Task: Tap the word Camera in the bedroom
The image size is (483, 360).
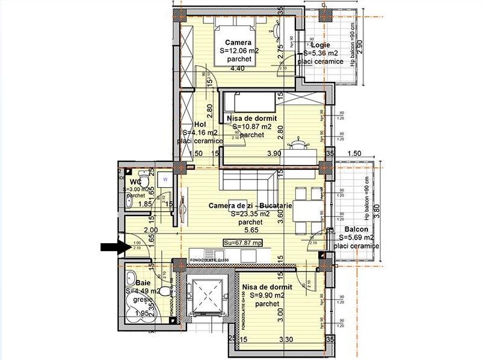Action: [238, 42]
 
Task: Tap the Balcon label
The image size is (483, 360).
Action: [356, 229]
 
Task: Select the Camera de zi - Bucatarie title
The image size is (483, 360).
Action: [250, 206]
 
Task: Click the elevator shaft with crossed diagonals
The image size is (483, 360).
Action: [205, 295]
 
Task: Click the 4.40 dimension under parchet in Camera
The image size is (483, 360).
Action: [238, 68]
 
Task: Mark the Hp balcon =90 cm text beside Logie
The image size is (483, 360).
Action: [352, 40]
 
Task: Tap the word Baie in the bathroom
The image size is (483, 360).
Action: [143, 282]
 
